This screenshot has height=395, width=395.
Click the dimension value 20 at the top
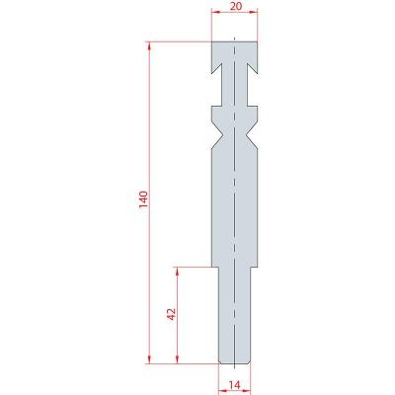click(235, 6)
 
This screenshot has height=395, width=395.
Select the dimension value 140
click(144, 199)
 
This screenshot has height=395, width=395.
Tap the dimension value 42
click(172, 314)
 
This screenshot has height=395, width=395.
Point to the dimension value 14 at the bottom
click(235, 384)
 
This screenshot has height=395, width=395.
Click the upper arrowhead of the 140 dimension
click(150, 46)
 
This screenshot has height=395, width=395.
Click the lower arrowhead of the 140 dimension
click(150, 359)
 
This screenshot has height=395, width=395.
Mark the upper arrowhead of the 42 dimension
click(178, 272)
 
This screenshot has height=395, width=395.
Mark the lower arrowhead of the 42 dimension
click(178, 359)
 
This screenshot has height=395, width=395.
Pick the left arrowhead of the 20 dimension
click(215, 13)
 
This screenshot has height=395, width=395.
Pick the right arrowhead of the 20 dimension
click(254, 13)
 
